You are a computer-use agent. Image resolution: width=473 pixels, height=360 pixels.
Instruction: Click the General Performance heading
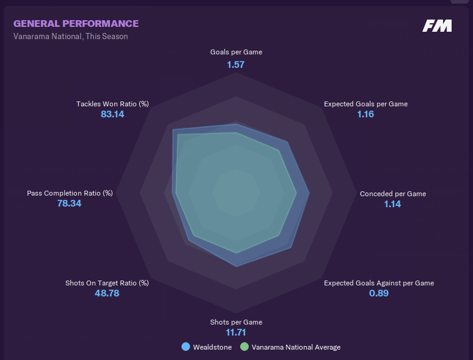76,24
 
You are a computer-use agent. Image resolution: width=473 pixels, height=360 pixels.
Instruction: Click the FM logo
437,26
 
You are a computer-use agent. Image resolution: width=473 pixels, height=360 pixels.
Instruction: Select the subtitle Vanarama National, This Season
70,36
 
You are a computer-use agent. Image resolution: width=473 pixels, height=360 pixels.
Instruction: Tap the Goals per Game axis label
236,53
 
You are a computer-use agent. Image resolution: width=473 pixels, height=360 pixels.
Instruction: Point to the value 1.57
236,64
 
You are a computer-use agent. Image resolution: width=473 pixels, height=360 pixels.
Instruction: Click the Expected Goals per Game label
365,104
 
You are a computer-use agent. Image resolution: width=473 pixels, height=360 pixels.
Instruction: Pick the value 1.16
365,114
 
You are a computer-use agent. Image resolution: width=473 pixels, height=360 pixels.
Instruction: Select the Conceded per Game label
393,194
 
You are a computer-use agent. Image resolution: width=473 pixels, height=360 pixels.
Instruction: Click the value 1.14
392,204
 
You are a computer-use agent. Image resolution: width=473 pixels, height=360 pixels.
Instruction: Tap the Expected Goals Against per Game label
379,283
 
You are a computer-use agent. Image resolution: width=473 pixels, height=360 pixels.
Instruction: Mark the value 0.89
379,293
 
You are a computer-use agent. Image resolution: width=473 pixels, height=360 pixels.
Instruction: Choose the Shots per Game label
236,322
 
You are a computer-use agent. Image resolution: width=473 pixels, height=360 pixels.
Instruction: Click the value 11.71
236,332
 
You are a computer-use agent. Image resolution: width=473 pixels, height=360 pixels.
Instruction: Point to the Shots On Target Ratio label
107,283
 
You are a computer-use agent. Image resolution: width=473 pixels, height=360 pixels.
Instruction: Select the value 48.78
107,293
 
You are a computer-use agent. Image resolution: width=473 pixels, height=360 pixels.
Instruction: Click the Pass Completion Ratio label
70,193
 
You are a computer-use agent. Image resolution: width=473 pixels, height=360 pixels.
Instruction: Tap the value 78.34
69,204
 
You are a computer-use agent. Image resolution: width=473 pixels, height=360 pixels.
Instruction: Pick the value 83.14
112,114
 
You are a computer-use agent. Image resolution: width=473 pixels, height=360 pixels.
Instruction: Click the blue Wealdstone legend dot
186,347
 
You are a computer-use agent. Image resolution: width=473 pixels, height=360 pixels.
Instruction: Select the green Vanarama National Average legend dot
244,347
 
